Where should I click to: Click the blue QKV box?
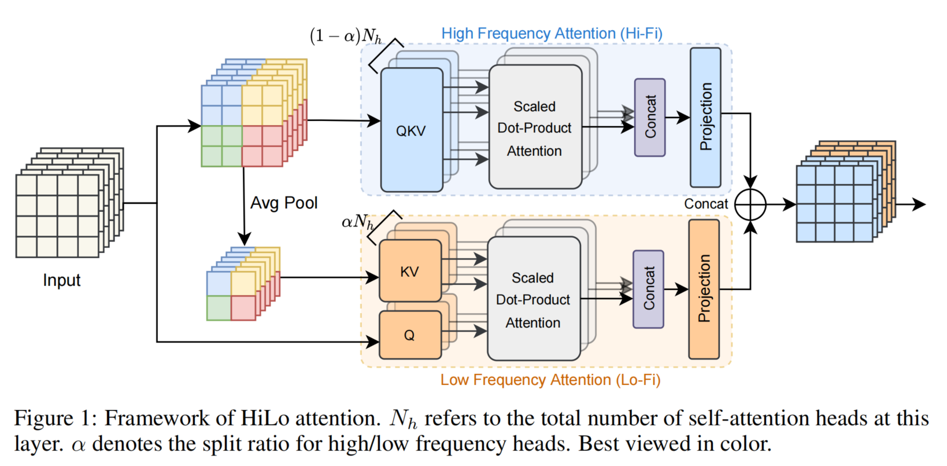[x=411, y=131]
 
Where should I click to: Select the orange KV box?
[x=409, y=271]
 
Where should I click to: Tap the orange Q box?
[x=409, y=335]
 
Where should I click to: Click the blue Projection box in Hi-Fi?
[x=705, y=117]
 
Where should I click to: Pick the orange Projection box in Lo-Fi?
[x=704, y=289]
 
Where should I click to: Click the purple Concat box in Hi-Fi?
[x=650, y=118]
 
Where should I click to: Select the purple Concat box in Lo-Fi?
[x=649, y=289]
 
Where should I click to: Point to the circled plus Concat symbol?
[x=750, y=204]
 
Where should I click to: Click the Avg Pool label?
[x=284, y=203]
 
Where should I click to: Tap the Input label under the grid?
[x=61, y=280]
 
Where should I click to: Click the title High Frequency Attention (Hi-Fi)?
[x=552, y=34]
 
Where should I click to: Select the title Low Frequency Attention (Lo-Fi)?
[x=550, y=380]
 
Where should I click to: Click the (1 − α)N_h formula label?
[x=346, y=36]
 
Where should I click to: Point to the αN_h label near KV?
[x=357, y=222]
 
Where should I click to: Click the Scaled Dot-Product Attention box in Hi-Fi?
[x=535, y=128]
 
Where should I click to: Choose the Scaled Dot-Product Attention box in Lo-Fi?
[x=533, y=299]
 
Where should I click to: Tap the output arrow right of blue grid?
[x=913, y=204]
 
